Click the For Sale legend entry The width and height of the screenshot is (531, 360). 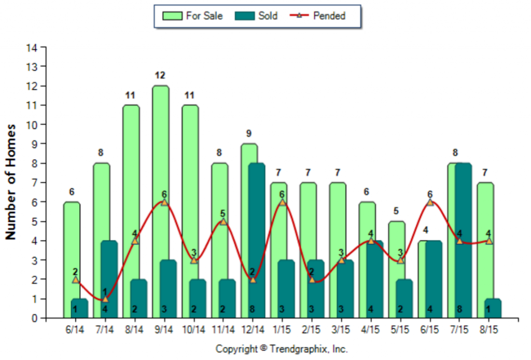(192, 16)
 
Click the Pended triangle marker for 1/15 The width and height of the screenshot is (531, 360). (282, 202)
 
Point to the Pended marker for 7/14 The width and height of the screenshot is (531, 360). (105, 299)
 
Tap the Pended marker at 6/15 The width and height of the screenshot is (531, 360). (430, 202)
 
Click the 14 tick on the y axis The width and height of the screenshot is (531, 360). (32, 48)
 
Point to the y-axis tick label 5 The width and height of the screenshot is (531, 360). (34, 221)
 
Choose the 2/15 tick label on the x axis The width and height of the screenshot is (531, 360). (312, 329)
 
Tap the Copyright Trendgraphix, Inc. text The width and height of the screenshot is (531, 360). (282, 349)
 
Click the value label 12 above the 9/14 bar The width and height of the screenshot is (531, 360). (160, 76)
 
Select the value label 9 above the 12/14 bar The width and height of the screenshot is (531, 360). (249, 134)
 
